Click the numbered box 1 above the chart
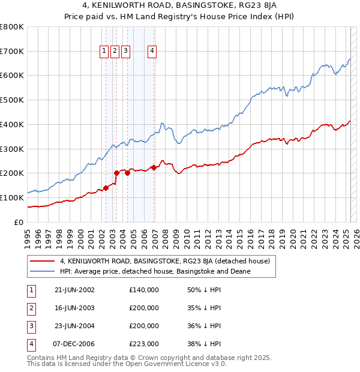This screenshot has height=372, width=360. coord(104,52)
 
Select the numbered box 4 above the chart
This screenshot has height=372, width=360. coord(153,52)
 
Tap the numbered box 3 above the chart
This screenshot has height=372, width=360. coord(125,52)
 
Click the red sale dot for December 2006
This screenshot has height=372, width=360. coord(154,167)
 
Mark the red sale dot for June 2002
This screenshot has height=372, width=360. coord(106,187)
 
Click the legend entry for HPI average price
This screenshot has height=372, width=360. coord(155,271)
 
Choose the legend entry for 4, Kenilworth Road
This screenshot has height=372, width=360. coord(165,261)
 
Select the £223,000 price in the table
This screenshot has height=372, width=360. coord(144,344)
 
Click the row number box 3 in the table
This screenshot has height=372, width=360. coord(30,326)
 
